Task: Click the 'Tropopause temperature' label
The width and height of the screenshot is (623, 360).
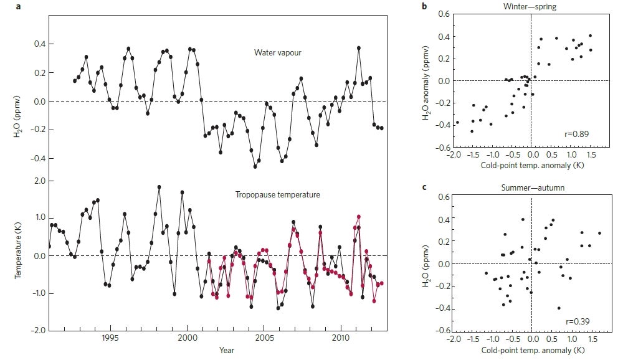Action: [x=277, y=195]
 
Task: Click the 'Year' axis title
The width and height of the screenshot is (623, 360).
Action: [x=227, y=351]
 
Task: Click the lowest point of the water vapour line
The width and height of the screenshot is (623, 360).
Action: [x=255, y=166]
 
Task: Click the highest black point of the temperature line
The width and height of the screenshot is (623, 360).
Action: [x=159, y=187]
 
